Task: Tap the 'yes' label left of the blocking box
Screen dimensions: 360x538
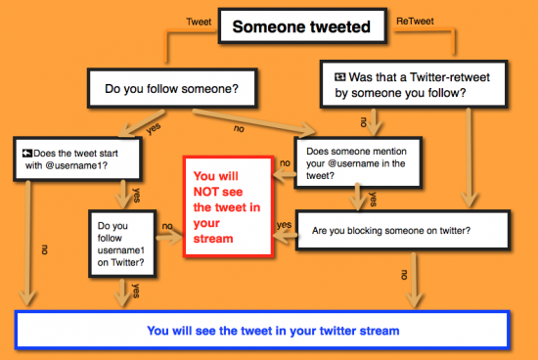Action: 286,225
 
